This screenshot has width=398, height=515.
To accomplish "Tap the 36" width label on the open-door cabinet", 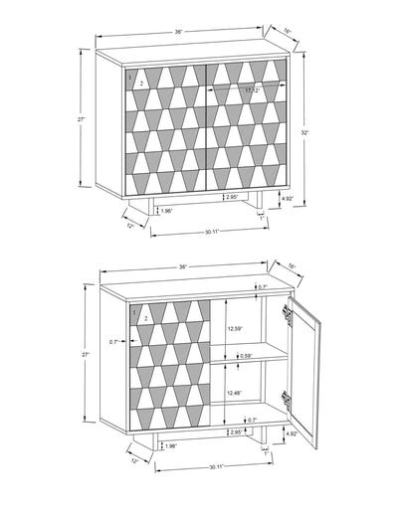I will pos(182,267).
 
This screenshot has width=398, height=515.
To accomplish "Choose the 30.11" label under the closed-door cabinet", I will pos(205,234).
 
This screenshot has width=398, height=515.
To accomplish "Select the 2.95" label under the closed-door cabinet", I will pos(231,197).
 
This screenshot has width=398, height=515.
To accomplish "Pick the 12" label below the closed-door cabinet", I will pos(130,226).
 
